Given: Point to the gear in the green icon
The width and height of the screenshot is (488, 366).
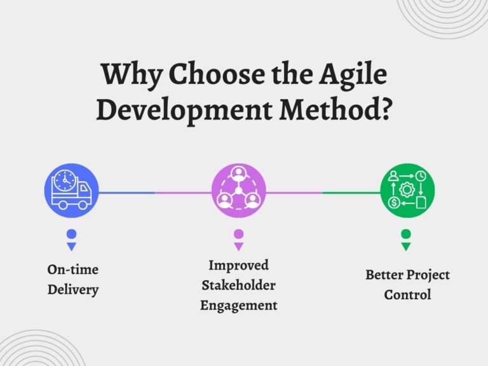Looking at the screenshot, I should (407, 190).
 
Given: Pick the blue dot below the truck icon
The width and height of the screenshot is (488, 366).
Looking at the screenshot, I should (71, 234).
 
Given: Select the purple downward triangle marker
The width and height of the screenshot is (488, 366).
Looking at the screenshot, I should (238, 246).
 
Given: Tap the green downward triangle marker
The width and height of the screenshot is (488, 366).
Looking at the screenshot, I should (406, 246).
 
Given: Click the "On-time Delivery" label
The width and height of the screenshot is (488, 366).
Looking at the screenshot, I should (73, 280).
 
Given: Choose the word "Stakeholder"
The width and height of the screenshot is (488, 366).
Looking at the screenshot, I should (238, 285).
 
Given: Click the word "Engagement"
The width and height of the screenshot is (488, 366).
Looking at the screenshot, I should (238, 305).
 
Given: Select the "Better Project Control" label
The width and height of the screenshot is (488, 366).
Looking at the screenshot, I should (407, 285).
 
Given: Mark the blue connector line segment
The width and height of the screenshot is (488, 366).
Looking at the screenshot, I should (126, 192).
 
